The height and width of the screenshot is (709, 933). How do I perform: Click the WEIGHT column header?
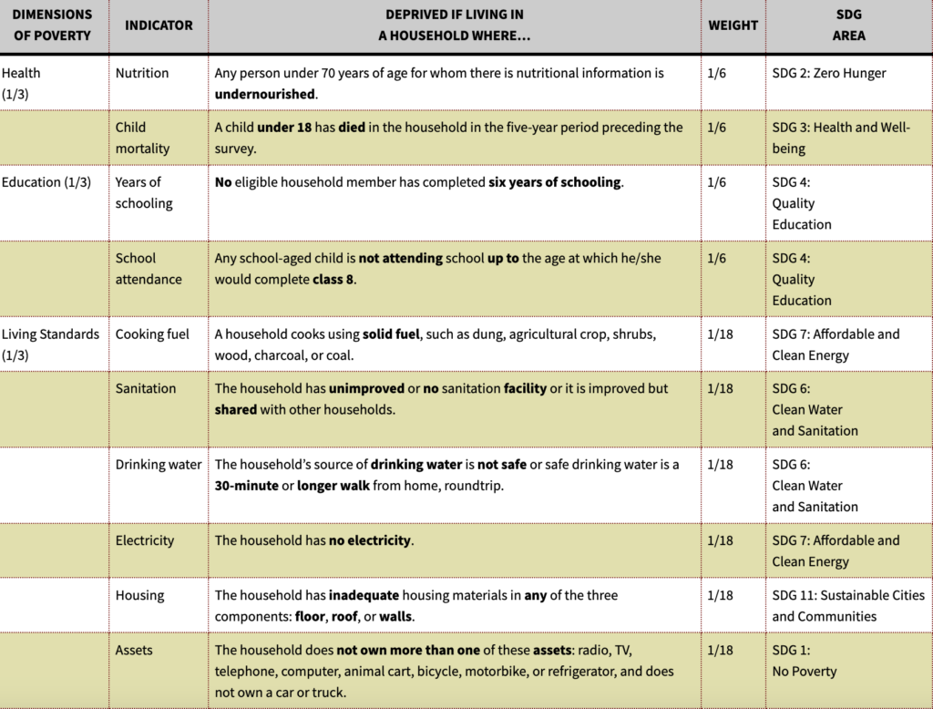coord(733,26)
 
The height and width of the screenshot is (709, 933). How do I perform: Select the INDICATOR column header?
coord(159,26)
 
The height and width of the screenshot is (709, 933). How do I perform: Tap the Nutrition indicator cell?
coord(142,73)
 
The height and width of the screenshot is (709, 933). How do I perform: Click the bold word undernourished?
coord(265,94)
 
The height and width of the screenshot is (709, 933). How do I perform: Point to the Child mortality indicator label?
coord(142,138)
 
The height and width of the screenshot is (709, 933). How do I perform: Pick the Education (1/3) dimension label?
coord(46,182)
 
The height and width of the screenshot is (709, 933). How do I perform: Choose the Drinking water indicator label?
coord(159,465)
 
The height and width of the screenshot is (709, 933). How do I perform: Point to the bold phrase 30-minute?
coord(246,486)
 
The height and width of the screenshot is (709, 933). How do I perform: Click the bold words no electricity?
coord(370,540)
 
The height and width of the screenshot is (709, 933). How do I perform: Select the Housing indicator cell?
coord(139,595)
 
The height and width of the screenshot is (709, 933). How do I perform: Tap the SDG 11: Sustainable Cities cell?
coord(848,605)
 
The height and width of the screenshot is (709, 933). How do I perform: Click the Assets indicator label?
coord(134,650)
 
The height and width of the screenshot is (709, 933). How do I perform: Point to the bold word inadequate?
coord(364,595)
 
